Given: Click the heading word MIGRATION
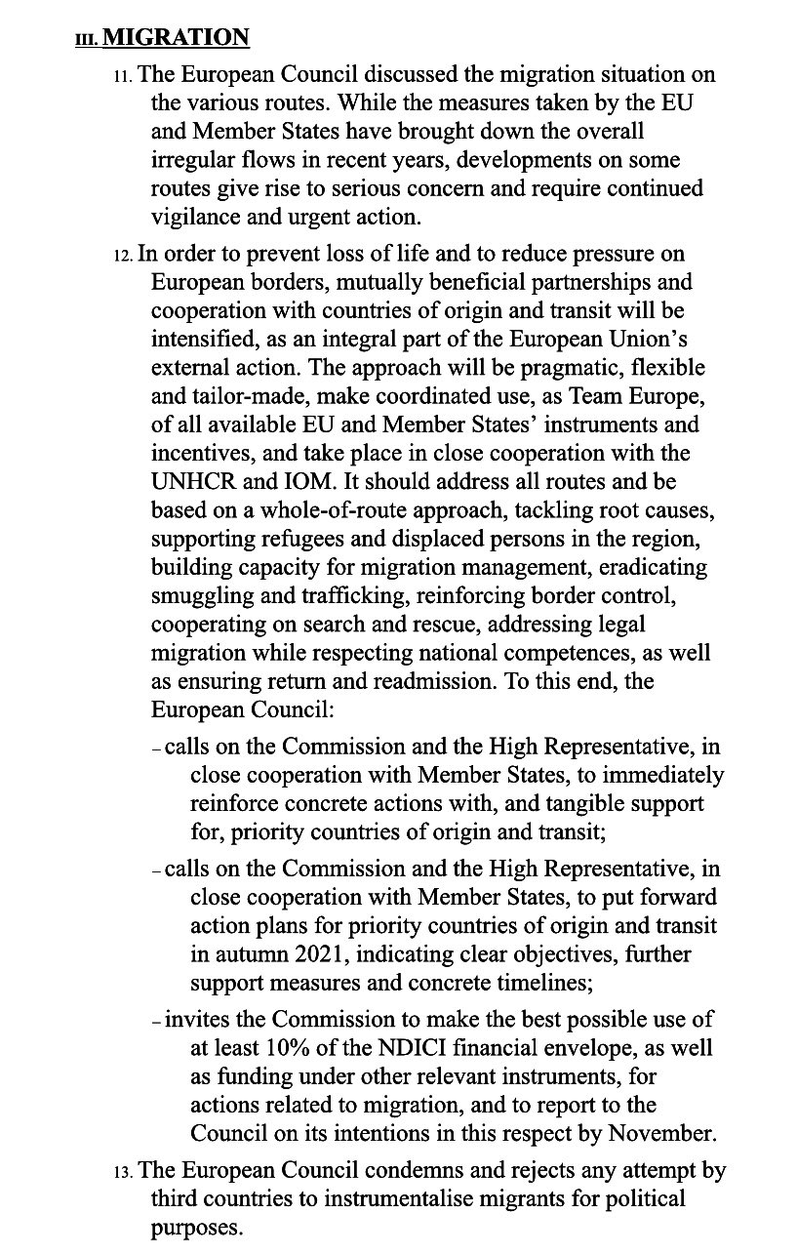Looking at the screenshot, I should click(176, 38).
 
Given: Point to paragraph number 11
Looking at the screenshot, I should click(124, 76).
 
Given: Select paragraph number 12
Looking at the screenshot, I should click(124, 257).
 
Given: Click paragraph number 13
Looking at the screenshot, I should click(124, 1172).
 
